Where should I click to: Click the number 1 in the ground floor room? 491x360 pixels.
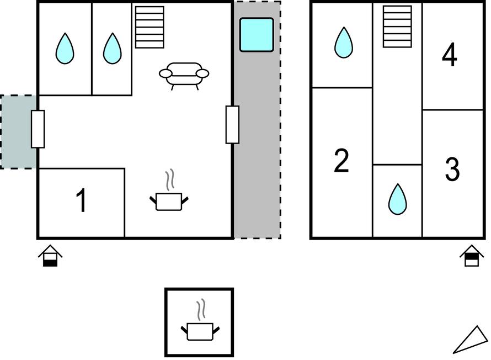coord(81,200)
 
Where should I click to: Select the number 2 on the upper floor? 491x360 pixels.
coord(341,161)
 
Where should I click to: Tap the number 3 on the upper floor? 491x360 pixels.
coord(452,170)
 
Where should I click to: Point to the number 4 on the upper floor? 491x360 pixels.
coord(450,55)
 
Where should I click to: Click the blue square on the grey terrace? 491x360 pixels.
coord(257,35)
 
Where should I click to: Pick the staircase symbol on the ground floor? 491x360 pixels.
coord(150,27)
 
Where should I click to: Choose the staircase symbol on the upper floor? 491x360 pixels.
coord(397,26)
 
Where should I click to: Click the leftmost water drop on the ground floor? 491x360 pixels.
coord(65,49)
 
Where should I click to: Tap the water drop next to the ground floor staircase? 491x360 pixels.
coord(112,49)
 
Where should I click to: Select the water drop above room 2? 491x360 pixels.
coord(344,43)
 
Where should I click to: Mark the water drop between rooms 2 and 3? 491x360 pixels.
coord(397,199)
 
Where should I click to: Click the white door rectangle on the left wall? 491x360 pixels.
coord(38,129)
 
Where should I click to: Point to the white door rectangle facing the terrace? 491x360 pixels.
coord(232,125)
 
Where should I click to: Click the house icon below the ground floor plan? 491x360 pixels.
coord(50,256)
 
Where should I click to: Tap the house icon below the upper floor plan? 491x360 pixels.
coord(471,256)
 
